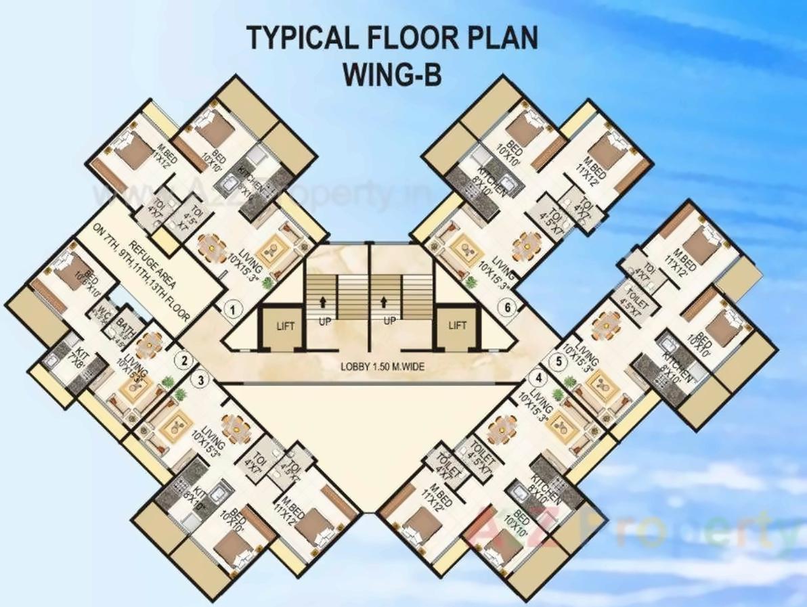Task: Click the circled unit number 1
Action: [233, 311]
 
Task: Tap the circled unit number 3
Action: [200, 380]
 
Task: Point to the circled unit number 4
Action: [539, 378]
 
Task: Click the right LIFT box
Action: [458, 325]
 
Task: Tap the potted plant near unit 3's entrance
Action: [181, 394]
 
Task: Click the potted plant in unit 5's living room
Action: [569, 384]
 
